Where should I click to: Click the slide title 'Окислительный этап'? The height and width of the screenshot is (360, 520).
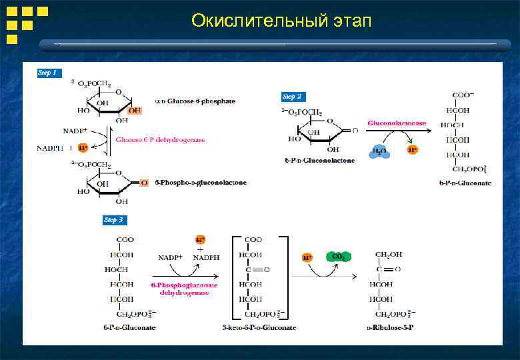pos(281,21)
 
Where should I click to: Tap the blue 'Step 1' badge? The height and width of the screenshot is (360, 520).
pos(48,73)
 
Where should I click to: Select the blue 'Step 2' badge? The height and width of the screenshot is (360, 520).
pos(292,97)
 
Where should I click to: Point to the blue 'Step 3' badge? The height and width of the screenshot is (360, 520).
pos(113,219)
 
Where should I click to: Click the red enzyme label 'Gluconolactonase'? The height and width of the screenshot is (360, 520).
pos(397,123)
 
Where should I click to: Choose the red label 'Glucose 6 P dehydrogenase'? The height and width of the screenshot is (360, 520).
pos(160,140)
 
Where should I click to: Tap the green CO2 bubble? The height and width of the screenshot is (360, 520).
pos(338,257)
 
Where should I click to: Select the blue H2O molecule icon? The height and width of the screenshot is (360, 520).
pos(379,151)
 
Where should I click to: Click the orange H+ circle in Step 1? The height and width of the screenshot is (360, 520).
pos(83,147)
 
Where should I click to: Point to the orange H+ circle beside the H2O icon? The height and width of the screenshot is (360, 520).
pos(413,149)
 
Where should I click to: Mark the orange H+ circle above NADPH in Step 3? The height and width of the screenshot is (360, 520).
pos(200,239)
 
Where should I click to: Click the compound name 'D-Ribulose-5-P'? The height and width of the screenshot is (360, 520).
pos(389,327)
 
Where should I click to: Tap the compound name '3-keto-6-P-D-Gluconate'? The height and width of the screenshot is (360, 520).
pos(259,327)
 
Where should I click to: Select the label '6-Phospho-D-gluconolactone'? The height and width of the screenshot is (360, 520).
pos(200,183)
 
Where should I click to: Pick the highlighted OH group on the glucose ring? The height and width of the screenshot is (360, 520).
pos(135,110)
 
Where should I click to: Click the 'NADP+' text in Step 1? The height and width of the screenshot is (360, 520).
pos(75,131)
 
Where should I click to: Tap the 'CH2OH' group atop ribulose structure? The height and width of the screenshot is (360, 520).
pos(389,254)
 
